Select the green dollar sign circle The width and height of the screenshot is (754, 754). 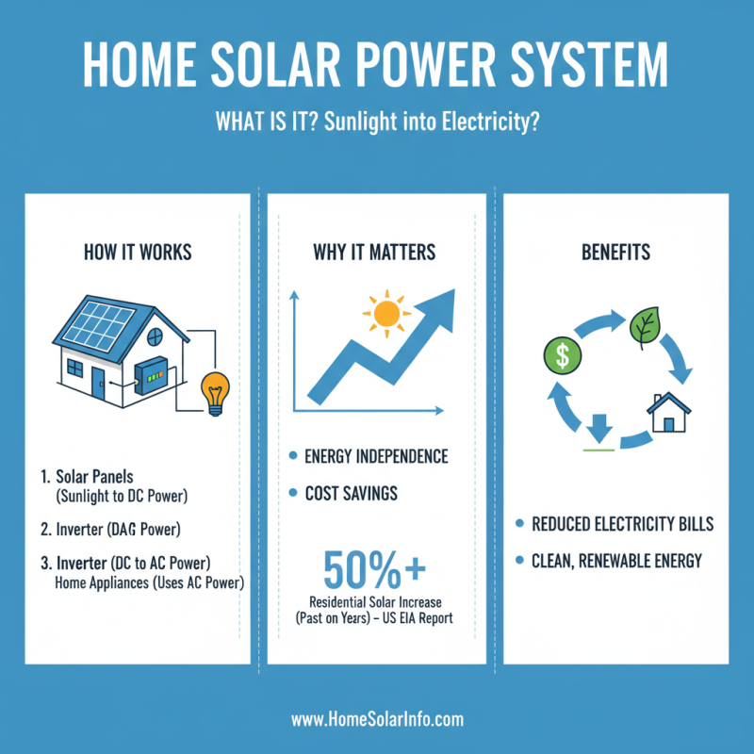point(562,356)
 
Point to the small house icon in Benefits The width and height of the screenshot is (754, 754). point(668,412)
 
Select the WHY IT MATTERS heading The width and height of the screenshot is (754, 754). point(376,253)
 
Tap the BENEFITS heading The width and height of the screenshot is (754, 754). point(615,253)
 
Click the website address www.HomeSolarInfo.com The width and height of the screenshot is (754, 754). point(377,719)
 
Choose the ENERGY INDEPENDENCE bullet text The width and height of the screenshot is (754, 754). point(376,457)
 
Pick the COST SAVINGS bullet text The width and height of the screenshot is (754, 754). point(350,493)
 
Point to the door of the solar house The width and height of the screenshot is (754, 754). point(99,381)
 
